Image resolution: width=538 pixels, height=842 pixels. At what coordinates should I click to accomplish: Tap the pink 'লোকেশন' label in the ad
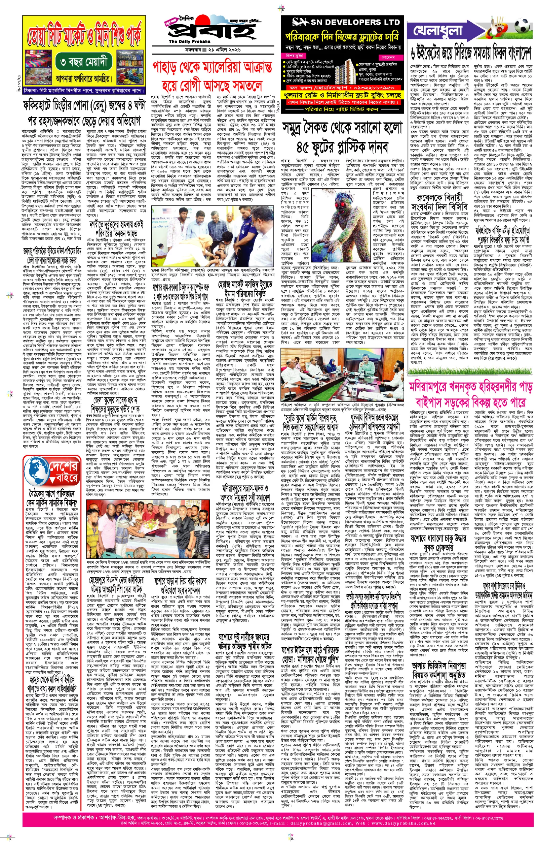388,57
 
